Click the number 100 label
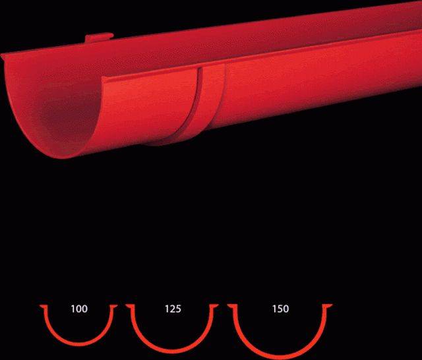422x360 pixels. point(78,309)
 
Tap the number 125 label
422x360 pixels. point(173,309)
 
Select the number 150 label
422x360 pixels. point(280,309)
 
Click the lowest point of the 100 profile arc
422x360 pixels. point(78,345)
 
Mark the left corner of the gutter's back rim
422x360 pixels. point(3,53)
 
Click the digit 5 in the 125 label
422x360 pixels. point(179,309)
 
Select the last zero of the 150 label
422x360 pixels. point(286,309)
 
